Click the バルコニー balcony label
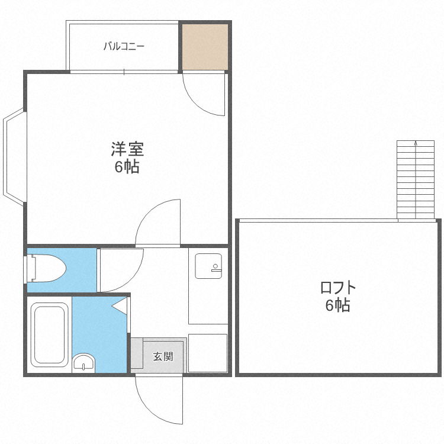[124, 46]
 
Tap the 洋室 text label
[127, 149]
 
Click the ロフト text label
[338, 288]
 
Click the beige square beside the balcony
[204, 46]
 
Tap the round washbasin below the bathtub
[83, 362]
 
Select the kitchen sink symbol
[208, 266]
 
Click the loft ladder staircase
[416, 180]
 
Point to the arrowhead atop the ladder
[416, 143]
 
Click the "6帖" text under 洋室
[127, 167]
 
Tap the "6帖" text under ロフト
[338, 305]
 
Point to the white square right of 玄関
[208, 353]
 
